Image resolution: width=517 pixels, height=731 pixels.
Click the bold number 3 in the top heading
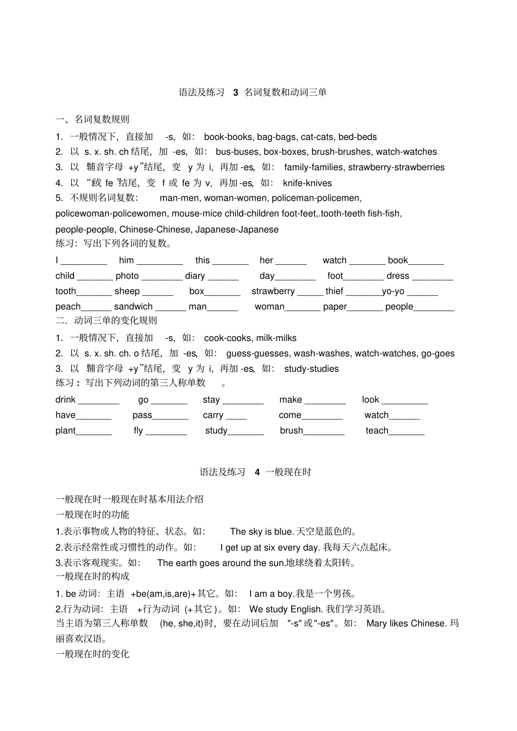pyautogui.click(x=236, y=92)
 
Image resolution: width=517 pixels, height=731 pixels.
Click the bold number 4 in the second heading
pyautogui.click(x=257, y=472)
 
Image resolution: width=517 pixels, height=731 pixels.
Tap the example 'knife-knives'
pyautogui.click(x=307, y=183)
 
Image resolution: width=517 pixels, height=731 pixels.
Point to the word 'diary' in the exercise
pyautogui.click(x=195, y=276)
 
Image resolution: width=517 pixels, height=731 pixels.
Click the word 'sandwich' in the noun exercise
pyautogui.click(x=133, y=307)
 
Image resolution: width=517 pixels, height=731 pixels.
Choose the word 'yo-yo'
pyautogui.click(x=393, y=292)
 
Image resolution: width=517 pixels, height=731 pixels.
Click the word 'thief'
pyautogui.click(x=334, y=292)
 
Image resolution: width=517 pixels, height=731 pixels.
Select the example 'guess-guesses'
pyautogui.click(x=258, y=354)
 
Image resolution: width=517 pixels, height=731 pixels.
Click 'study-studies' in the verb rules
pyautogui.click(x=311, y=369)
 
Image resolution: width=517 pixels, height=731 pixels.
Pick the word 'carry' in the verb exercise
pyautogui.click(x=213, y=416)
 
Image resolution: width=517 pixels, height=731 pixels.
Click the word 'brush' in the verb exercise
pyautogui.click(x=291, y=431)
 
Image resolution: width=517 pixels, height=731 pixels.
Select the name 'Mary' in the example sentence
pyautogui.click(x=377, y=624)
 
